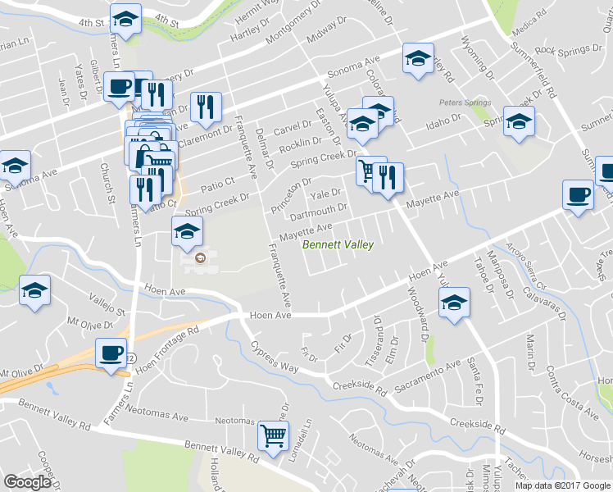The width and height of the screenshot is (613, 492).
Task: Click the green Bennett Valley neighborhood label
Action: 338,245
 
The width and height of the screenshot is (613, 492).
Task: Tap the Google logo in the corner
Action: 28,482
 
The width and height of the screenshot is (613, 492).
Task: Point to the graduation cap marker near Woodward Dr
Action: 454,303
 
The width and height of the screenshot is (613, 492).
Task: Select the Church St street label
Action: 106,183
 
